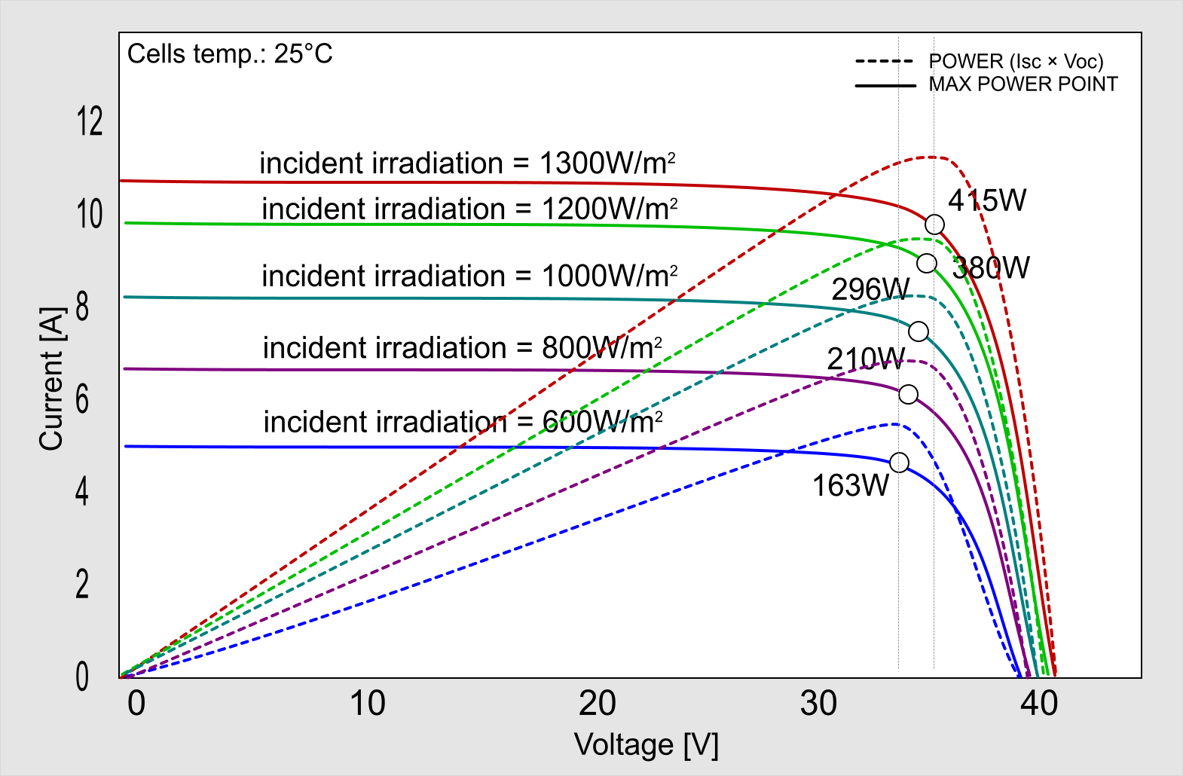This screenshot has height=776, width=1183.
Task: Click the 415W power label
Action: point(987,200)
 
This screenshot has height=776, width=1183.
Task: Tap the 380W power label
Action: point(991,267)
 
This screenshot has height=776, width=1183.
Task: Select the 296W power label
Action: point(870,289)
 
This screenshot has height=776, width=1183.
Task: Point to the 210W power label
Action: point(866,359)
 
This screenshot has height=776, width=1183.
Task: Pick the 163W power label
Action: point(850,486)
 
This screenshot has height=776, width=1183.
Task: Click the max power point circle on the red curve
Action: point(934,225)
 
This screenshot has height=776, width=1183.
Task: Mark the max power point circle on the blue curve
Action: point(899,463)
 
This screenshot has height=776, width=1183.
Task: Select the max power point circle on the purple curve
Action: point(909,394)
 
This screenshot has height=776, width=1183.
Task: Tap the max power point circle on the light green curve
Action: point(927,263)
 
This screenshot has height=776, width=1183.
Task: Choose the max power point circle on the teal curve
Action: point(919,331)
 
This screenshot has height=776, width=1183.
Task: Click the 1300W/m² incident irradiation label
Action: point(467,163)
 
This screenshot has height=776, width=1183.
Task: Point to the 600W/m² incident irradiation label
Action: point(463,422)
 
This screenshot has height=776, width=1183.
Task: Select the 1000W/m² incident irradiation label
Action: point(469,276)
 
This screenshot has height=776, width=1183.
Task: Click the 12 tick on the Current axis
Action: point(90,121)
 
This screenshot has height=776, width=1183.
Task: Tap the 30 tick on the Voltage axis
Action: point(818,704)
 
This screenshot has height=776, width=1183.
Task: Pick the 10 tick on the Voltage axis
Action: point(368,704)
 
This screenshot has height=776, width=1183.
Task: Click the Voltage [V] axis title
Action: point(647,745)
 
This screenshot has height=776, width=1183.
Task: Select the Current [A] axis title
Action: point(51,379)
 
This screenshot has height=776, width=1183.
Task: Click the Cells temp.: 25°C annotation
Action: point(230,54)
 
